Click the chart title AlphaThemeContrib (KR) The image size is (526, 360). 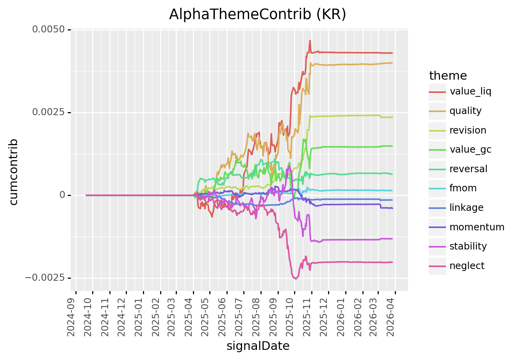click(257, 14)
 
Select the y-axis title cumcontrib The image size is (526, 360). click(14, 171)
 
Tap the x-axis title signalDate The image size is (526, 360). click(258, 346)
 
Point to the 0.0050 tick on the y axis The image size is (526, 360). click(48, 30)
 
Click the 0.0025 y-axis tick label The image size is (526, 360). click(48, 112)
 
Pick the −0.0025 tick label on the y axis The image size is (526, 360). click(45, 278)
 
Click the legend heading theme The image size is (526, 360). click(448, 76)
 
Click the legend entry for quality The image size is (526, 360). click(465, 111)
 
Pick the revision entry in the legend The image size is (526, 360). click(467, 130)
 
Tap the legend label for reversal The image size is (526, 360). click(468, 169)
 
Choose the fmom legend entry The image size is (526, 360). click(463, 188)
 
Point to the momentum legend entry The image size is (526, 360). click(476, 227)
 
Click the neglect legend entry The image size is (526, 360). click(467, 266)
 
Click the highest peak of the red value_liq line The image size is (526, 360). click(310, 40)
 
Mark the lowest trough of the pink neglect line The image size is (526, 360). click(295, 279)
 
